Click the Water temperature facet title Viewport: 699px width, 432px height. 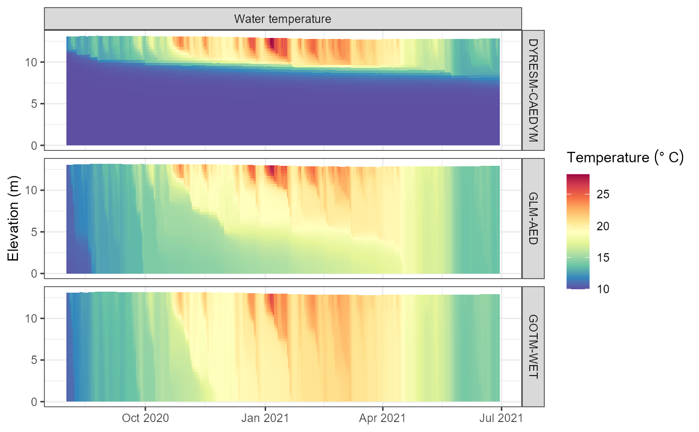(x=283, y=19)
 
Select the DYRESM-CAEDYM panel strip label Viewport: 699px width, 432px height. (x=533, y=90)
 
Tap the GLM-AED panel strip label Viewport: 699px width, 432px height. (x=533, y=218)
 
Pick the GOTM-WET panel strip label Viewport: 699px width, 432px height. (x=533, y=347)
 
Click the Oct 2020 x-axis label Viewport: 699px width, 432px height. (x=145, y=417)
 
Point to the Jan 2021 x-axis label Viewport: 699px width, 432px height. (x=265, y=417)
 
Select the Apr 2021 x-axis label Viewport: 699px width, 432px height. (x=383, y=417)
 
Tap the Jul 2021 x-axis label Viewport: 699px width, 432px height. (x=501, y=417)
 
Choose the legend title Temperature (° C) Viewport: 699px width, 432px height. (x=625, y=158)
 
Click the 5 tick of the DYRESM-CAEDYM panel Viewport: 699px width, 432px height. (x=34, y=104)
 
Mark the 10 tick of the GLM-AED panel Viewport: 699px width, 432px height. (x=31, y=190)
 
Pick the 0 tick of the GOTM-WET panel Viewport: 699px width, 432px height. (x=34, y=402)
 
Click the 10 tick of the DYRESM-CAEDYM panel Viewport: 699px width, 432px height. (x=31, y=62)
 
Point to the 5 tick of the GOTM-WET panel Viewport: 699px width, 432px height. (x=34, y=360)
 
